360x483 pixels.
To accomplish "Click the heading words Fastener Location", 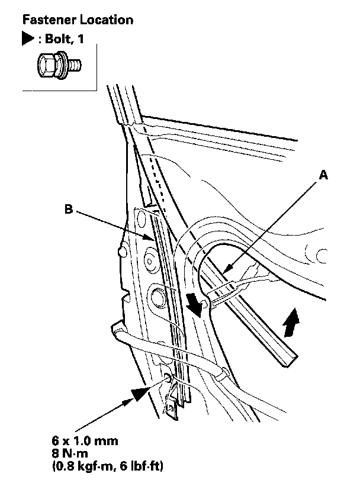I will [x=78, y=20].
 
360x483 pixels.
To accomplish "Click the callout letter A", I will [x=323, y=175].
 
